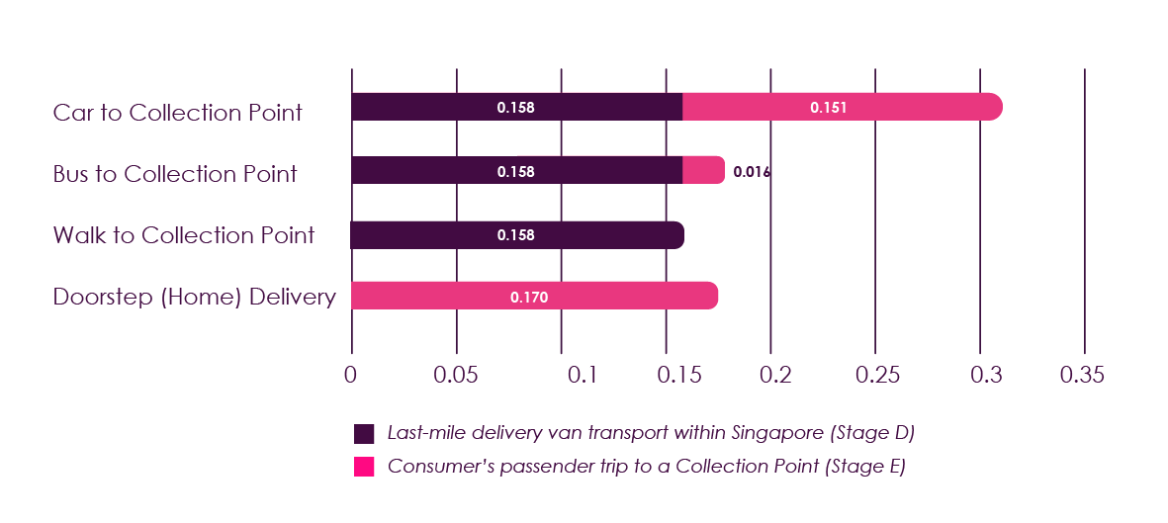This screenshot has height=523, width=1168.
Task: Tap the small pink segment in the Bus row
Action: (703, 170)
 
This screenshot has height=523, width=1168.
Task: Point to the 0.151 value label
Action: (828, 107)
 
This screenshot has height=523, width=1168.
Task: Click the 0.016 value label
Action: (752, 172)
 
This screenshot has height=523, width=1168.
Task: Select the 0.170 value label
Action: (529, 296)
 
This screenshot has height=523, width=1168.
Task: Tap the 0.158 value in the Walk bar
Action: (515, 235)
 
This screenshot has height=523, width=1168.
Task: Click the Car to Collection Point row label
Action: (178, 113)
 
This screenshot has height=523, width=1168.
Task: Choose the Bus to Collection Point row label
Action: (175, 175)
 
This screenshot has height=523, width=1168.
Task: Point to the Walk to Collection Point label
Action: (184, 235)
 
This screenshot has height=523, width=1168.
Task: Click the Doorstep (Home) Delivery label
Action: (194, 297)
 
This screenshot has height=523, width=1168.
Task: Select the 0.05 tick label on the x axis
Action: (456, 376)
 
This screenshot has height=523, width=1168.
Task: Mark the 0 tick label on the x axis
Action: (350, 376)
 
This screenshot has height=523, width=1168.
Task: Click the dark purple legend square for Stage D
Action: (364, 434)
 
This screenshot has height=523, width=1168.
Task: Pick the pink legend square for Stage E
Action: (364, 467)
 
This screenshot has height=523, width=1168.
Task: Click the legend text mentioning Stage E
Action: (646, 467)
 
